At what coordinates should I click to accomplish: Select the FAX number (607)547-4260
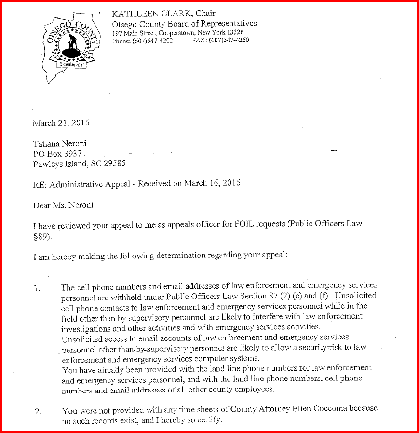(x=229, y=41)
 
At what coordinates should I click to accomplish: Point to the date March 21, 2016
(x=61, y=123)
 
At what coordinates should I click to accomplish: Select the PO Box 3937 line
(x=57, y=154)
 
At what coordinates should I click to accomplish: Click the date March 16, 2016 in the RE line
(x=212, y=183)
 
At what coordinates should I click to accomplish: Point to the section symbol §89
(x=41, y=234)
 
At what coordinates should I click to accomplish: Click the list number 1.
(x=37, y=289)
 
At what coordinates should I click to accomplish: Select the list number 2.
(x=37, y=411)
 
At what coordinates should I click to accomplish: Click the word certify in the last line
(x=209, y=419)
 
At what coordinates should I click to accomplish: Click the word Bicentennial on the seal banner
(x=71, y=64)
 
